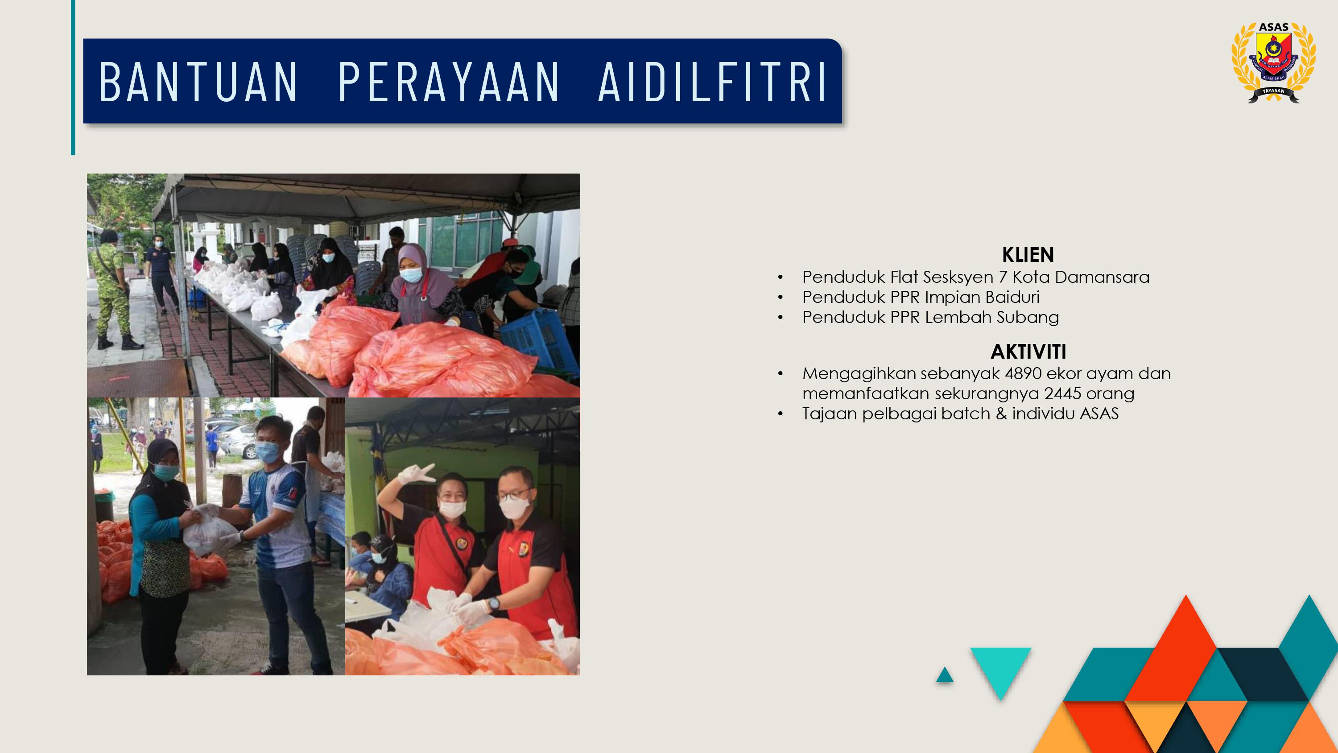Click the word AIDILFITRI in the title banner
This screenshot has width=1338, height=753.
point(712,82)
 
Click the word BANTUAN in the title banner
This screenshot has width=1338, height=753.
point(198,82)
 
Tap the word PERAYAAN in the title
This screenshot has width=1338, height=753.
point(449,82)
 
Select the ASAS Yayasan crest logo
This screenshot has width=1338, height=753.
point(1274,62)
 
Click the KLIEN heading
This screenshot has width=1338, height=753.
point(1028,255)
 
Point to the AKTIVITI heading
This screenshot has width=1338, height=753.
point(1028,352)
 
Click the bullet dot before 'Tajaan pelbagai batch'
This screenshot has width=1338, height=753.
point(780,414)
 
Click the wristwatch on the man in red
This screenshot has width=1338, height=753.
point(493,604)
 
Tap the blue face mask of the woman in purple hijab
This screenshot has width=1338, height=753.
point(411,275)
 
